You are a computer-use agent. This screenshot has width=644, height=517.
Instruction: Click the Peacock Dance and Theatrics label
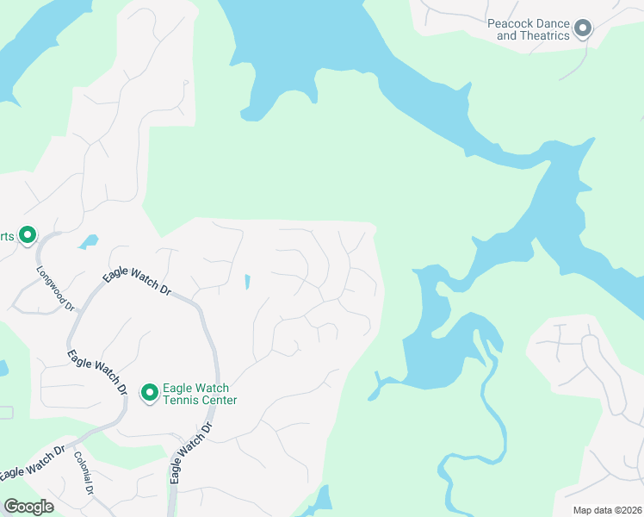[529, 30]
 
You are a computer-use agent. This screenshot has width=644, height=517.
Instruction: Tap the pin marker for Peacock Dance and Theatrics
[583, 29]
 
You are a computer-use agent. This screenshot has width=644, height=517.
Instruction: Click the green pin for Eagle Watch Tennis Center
[149, 393]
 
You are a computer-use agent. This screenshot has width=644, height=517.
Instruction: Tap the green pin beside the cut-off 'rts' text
[28, 234]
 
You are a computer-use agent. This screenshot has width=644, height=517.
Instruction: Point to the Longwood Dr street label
[56, 288]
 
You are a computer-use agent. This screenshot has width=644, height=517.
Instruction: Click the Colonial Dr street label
[84, 473]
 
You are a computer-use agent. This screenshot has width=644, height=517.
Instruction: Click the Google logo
[29, 507]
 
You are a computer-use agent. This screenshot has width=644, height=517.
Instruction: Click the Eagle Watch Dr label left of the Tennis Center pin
[97, 372]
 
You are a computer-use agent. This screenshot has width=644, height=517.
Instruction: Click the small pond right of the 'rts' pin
[88, 242]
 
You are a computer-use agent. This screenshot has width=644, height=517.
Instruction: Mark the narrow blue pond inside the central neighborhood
[247, 282]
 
